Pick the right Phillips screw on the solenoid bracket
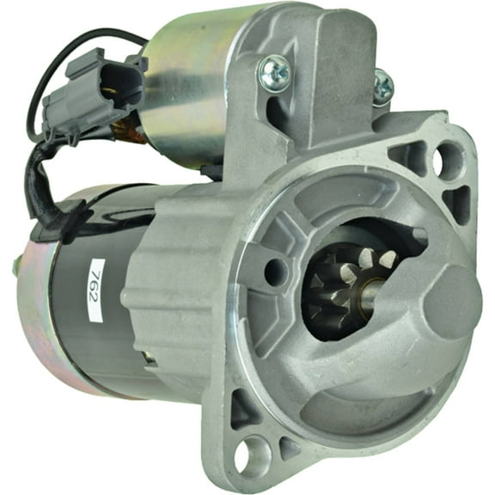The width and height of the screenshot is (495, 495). click(x=382, y=85)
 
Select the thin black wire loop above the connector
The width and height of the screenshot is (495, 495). click(x=69, y=52)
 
